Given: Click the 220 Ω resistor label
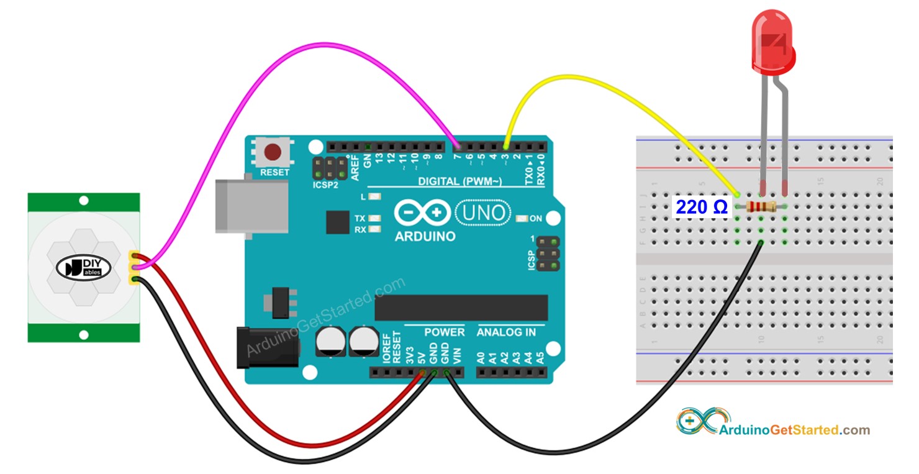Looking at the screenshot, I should (x=701, y=207).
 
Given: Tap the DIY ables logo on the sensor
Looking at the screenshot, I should (x=84, y=268).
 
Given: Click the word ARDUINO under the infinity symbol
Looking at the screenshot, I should (x=425, y=237).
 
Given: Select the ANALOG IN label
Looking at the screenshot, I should (x=506, y=332).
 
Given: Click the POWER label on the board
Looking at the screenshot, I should (x=444, y=332).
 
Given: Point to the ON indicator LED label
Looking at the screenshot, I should (x=536, y=219).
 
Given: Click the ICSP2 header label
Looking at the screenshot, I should (x=325, y=185).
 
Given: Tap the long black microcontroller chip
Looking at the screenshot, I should (x=461, y=308).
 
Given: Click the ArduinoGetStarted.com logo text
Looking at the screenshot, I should (x=794, y=430).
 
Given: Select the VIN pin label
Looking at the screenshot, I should (x=458, y=356).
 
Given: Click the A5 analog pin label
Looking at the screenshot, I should (x=540, y=358).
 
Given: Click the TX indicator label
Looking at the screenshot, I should (x=360, y=219).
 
